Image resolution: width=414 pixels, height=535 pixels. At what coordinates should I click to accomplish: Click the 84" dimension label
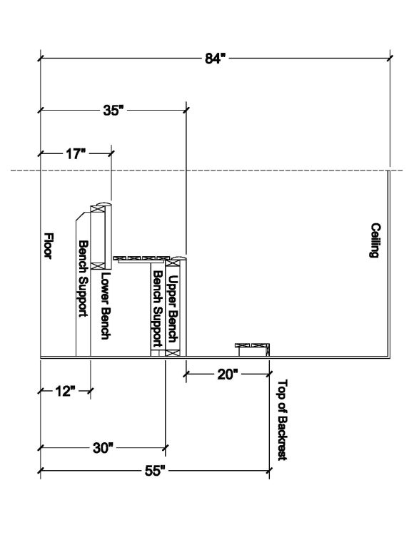pos(215,58)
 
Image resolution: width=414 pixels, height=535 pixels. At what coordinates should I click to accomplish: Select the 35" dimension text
pos(113,111)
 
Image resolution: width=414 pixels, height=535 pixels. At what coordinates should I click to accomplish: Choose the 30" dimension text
pos(103,448)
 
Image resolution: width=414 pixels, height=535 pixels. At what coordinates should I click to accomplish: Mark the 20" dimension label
pos(227,373)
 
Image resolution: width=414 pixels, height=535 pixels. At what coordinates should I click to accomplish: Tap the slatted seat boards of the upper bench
pos(146,258)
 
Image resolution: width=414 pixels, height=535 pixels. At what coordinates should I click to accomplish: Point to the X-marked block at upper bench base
pos(171,352)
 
